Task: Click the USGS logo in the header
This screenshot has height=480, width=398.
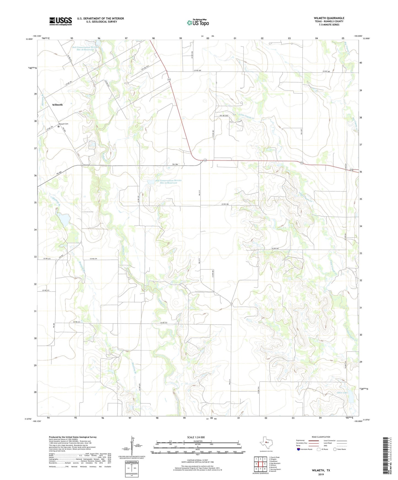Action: (x=61, y=21)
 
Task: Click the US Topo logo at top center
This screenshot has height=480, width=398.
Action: (x=198, y=23)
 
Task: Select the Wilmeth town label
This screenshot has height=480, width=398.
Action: (x=57, y=105)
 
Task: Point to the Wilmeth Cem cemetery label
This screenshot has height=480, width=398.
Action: (x=63, y=124)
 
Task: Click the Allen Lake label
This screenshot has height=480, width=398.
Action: (x=342, y=393)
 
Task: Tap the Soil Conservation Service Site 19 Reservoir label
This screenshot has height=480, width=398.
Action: (x=168, y=182)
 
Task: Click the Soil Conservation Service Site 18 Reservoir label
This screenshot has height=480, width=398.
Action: (x=85, y=48)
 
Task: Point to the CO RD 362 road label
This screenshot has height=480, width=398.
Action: (x=275, y=249)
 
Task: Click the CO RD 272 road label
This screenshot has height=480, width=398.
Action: (x=164, y=322)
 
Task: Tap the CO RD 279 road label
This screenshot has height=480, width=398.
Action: (x=94, y=259)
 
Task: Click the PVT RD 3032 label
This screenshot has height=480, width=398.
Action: (x=224, y=116)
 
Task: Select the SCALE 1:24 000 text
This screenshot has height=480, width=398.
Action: (x=196, y=437)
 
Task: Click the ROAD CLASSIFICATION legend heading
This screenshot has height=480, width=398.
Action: (x=321, y=437)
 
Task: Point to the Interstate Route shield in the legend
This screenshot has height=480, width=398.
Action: (x=299, y=449)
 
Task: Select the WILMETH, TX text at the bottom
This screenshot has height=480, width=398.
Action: (x=321, y=470)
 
